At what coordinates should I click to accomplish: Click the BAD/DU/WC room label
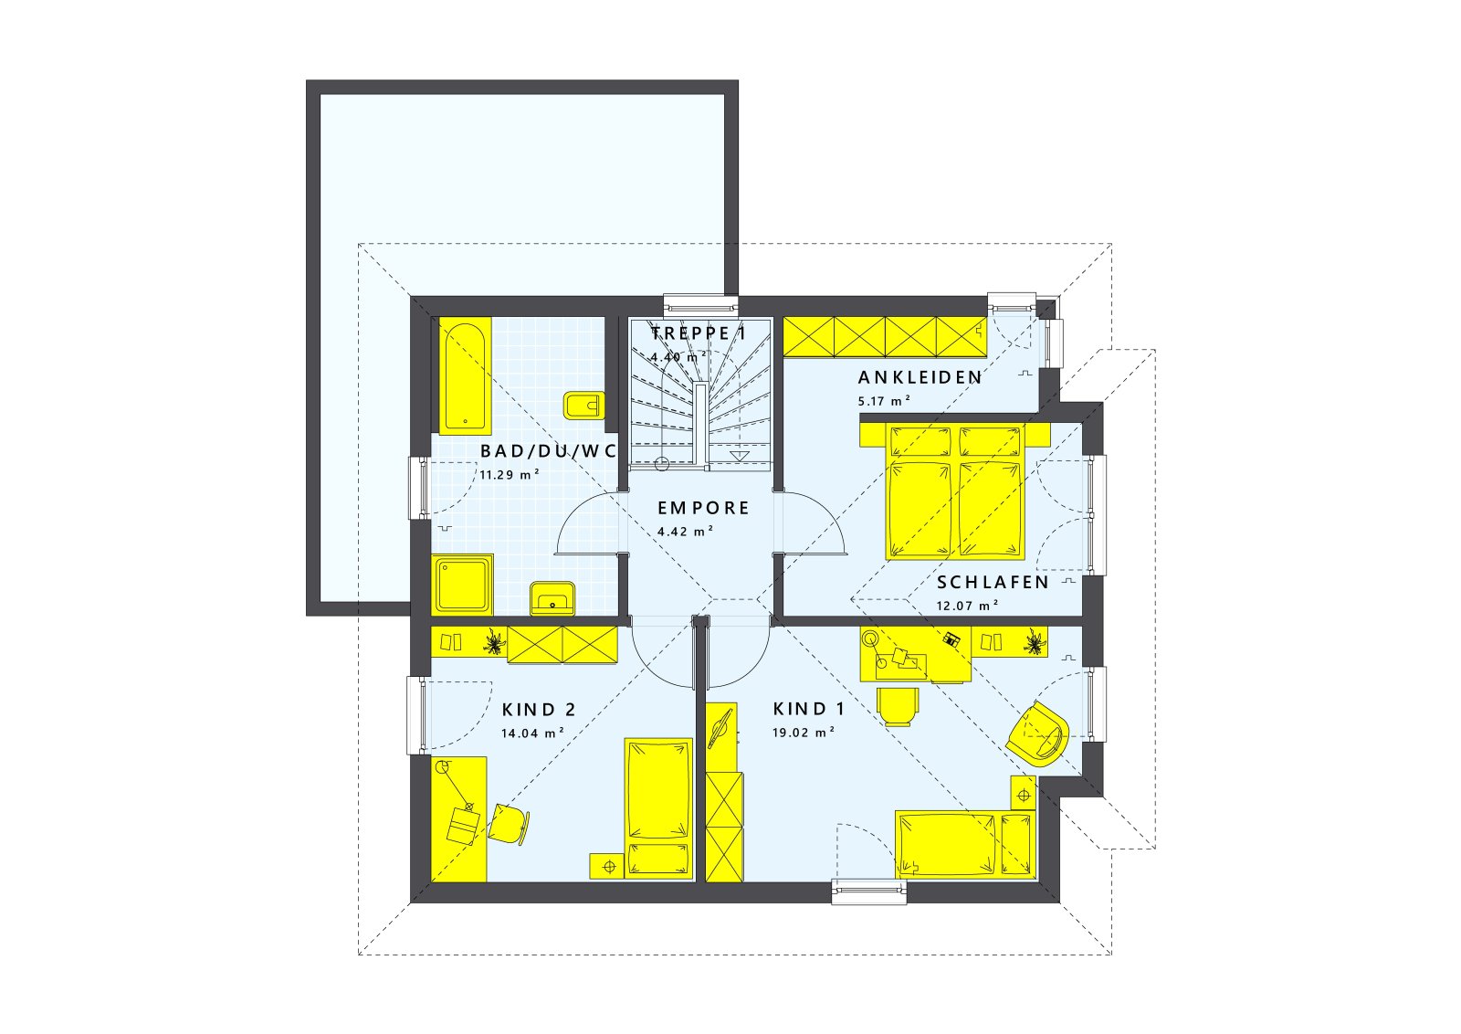coord(549,450)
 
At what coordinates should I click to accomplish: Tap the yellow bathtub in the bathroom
coord(466,376)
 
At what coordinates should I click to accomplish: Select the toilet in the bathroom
coord(583,405)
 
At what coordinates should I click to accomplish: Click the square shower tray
coord(463,585)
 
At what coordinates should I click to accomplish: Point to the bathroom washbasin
coord(552,598)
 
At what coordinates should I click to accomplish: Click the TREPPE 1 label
coord(699,333)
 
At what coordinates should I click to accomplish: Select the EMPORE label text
coord(703,508)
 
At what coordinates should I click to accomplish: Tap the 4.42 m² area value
coord(685,531)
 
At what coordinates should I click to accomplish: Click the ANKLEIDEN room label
coord(920,377)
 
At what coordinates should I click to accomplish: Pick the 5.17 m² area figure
coord(884,400)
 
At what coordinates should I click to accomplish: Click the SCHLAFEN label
coord(993,582)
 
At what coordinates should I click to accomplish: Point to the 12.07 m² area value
coord(967,605)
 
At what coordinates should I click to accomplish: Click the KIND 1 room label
coord(809,709)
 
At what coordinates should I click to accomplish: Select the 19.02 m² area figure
coord(804,732)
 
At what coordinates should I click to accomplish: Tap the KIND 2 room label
coord(539,710)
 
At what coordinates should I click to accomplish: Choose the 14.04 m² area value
coord(532,733)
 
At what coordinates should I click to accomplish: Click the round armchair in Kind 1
coord(1038,733)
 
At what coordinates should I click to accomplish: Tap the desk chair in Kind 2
coord(507,823)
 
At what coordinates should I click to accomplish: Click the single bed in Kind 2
coord(657,808)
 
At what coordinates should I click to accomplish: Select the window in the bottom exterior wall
coord(868,891)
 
